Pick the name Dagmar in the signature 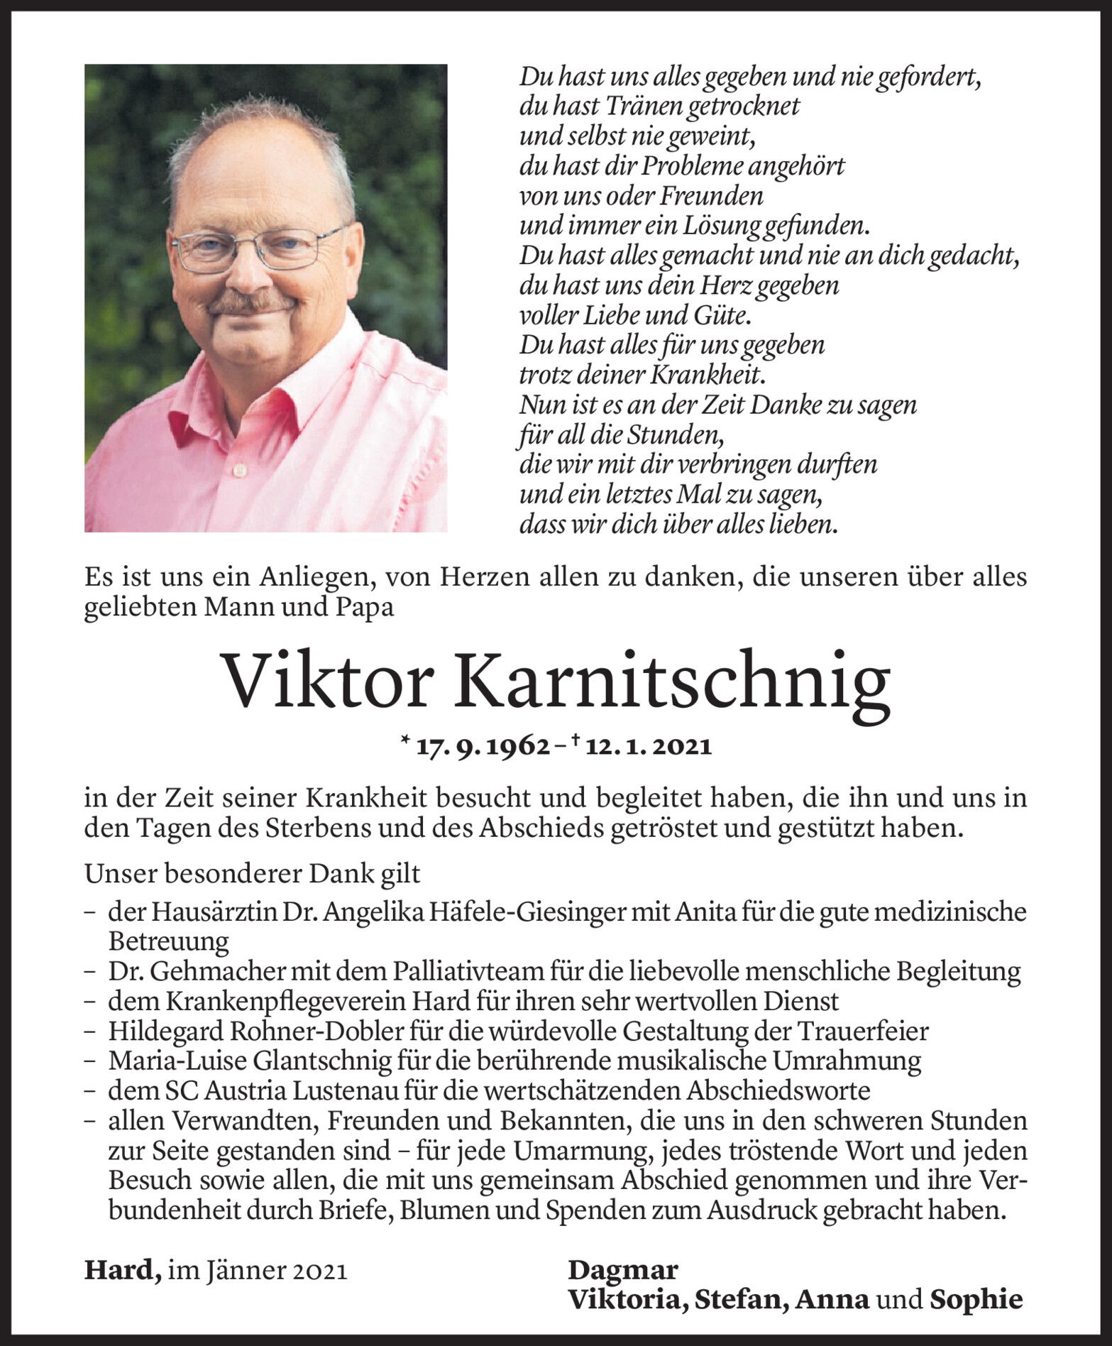point(622,1269)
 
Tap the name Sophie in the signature point(976,1299)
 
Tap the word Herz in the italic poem point(726,285)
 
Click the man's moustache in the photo point(252,304)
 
